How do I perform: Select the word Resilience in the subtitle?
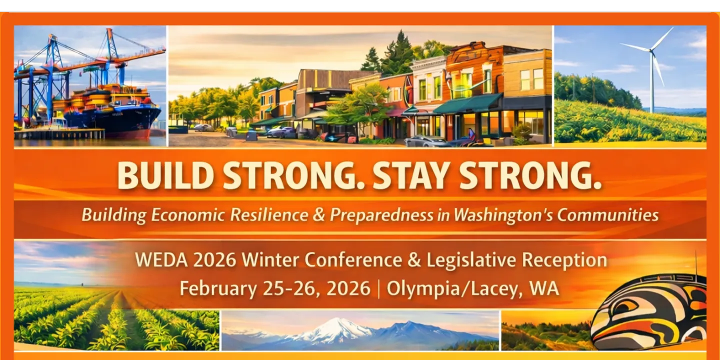click(x=269, y=215)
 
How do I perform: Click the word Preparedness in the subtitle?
click(x=381, y=215)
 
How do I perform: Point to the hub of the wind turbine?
click(x=651, y=50)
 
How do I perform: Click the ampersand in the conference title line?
click(x=411, y=260)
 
